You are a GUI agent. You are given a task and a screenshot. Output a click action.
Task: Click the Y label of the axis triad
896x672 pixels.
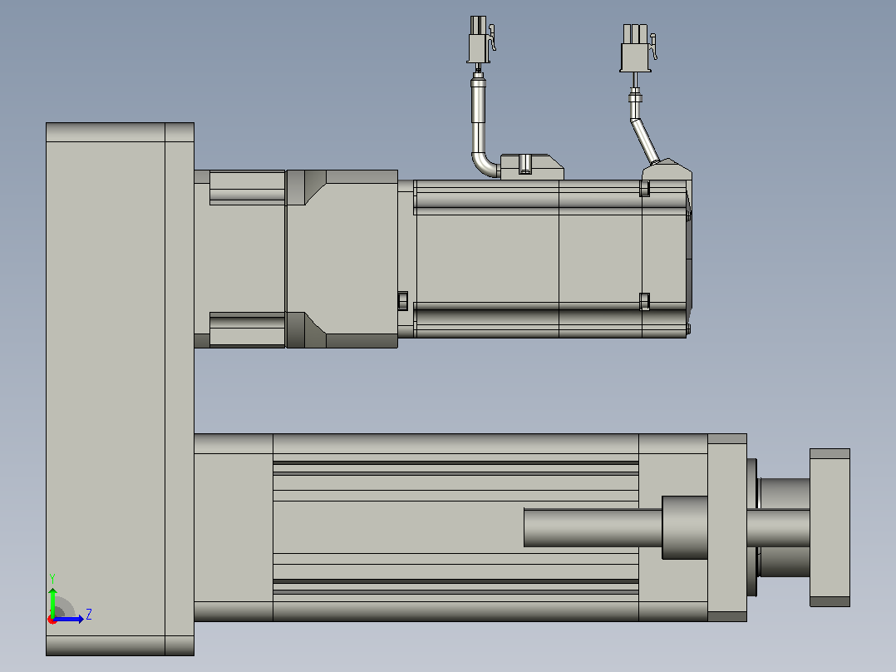coord(52,579)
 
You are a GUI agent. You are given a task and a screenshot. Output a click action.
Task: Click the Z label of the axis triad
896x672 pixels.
coord(89,615)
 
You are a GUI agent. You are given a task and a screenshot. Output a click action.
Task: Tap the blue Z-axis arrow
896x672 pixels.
coord(68,619)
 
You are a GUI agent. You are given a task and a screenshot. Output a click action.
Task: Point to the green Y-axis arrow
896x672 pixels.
coord(52,602)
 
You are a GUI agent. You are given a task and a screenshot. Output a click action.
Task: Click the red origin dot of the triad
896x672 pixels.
coord(52,620)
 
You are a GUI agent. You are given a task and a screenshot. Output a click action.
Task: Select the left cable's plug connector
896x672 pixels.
coord(480,39)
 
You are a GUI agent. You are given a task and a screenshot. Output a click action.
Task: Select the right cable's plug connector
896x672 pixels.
coord(638,48)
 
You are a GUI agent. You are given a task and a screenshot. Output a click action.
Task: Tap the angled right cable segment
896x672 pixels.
coord(645,141)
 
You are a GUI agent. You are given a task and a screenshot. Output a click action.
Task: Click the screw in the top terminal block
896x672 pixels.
coord(525,164)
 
